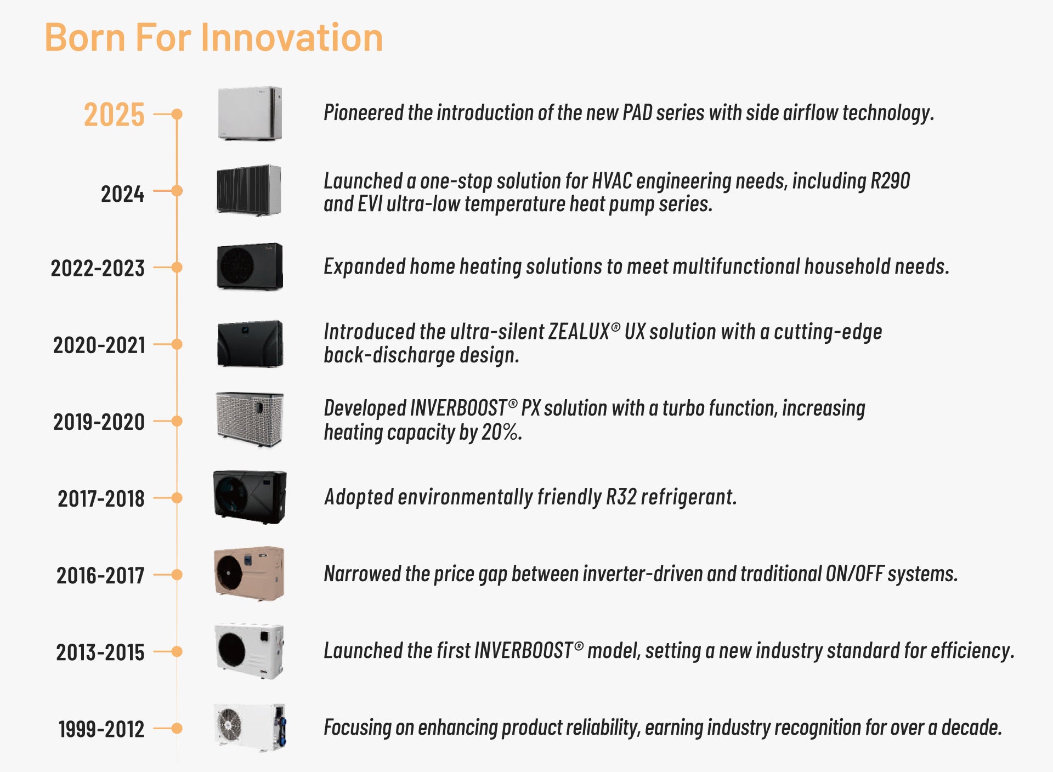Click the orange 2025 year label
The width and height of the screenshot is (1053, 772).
(114, 115)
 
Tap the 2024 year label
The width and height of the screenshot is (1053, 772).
(123, 194)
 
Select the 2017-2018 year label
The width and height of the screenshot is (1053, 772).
(101, 498)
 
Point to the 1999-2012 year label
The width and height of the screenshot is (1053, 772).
(101, 729)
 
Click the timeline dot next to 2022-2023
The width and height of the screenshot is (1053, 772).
(177, 268)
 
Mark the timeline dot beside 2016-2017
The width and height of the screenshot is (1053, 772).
(177, 575)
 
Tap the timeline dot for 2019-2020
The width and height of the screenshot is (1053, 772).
(177, 421)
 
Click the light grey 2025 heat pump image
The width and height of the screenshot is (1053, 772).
(250, 113)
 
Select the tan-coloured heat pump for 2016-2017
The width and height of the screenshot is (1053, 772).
(249, 574)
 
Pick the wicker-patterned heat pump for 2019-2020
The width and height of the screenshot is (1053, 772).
(250, 420)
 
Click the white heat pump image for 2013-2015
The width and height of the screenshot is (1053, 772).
(250, 651)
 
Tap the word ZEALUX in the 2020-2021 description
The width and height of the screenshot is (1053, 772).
(579, 332)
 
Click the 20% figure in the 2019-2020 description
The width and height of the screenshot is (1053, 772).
(500, 432)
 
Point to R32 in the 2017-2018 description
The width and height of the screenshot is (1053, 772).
(621, 497)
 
